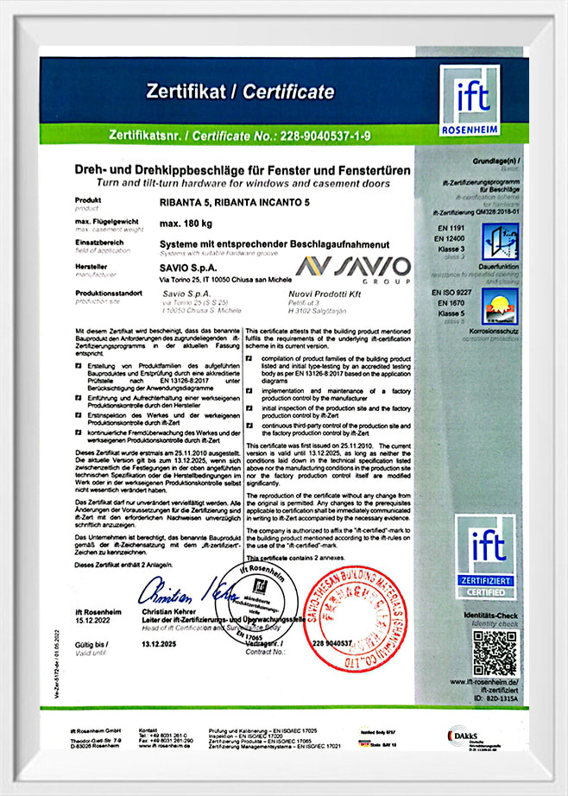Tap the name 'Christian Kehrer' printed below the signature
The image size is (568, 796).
coord(167,610)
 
